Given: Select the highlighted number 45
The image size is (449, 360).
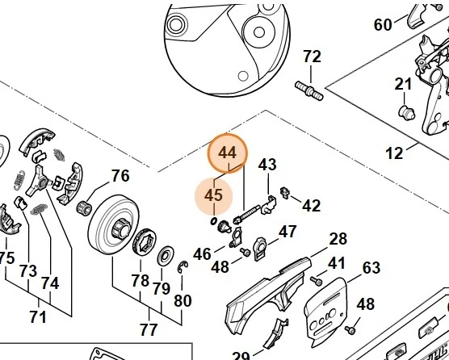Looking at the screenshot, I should (x=213, y=196).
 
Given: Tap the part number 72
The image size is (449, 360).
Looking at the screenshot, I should (x=311, y=57).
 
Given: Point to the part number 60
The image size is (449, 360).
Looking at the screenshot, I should (x=384, y=25).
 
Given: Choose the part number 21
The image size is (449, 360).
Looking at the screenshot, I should (x=403, y=85).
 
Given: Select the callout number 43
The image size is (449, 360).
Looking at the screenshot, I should (x=267, y=165).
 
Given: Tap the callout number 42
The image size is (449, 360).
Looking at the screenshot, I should (x=311, y=206).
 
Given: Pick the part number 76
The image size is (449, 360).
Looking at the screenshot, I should (x=120, y=176).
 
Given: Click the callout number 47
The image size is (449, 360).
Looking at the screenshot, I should (x=287, y=232).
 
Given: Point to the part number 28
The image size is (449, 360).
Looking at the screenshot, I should (x=338, y=239).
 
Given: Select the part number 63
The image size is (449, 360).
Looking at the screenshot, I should (x=371, y=267).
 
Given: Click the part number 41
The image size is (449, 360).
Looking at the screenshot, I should (x=336, y=263).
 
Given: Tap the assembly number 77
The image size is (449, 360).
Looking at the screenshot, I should (x=148, y=329).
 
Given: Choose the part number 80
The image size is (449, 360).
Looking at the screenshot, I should (x=183, y=301).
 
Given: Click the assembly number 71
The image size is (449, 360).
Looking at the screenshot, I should (x=38, y=314).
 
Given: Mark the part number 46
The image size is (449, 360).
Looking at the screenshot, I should (x=202, y=254).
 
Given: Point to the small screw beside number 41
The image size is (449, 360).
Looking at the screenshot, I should (x=317, y=280).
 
